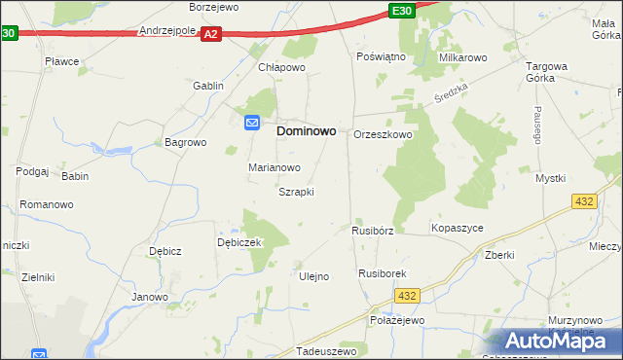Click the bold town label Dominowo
[x=307, y=129]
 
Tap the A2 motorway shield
[x=212, y=34]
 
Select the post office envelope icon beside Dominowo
[x=251, y=123]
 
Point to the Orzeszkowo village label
[x=383, y=135]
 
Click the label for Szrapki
[x=296, y=192]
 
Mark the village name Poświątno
[x=381, y=56]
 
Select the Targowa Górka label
[x=546, y=74]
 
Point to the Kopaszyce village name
[x=457, y=228]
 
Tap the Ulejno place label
[x=313, y=276]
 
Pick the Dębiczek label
[x=239, y=242]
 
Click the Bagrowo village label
[x=186, y=142]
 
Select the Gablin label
[x=208, y=86]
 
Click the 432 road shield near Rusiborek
[x=408, y=296]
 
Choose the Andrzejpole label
[x=168, y=30]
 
